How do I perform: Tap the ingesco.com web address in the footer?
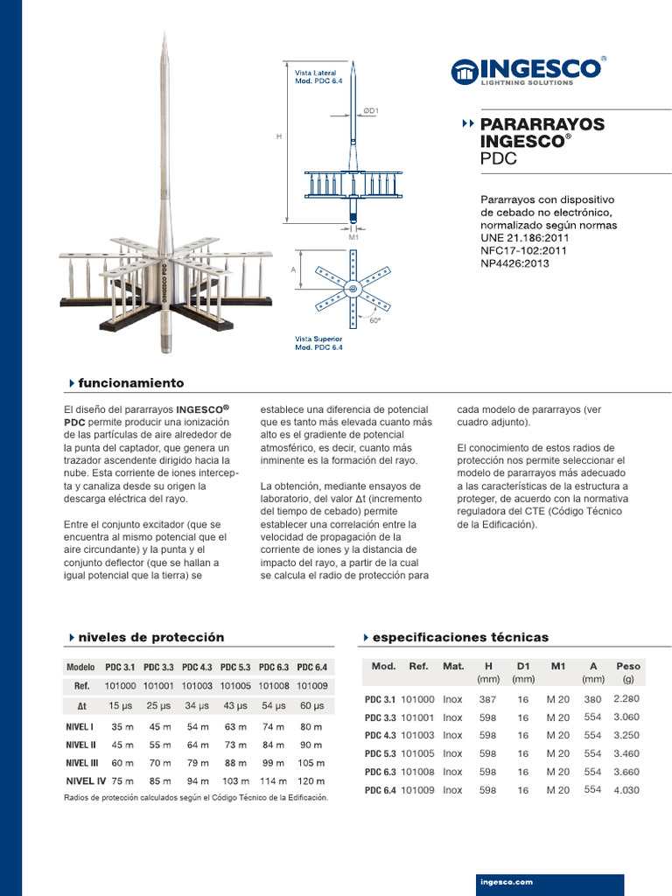coord(507,882)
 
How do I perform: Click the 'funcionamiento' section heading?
coord(130,383)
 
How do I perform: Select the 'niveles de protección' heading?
coord(150,637)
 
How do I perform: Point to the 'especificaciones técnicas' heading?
coord(460,637)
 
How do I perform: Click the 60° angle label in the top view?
coord(374,321)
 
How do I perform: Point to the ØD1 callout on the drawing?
coord(370,110)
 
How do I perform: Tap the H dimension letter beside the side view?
coord(279,137)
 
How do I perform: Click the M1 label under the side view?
coord(353,237)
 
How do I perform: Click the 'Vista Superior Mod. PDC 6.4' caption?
coord(318,342)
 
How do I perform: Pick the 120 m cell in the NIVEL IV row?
coord(311,780)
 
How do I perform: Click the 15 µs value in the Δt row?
coord(121,705)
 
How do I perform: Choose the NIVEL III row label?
coord(82,762)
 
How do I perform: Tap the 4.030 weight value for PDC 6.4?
coord(626,790)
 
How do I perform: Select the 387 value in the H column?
coord(487,699)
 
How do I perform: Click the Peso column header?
coord(627,666)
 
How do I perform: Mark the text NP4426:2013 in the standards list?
coord(515,263)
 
